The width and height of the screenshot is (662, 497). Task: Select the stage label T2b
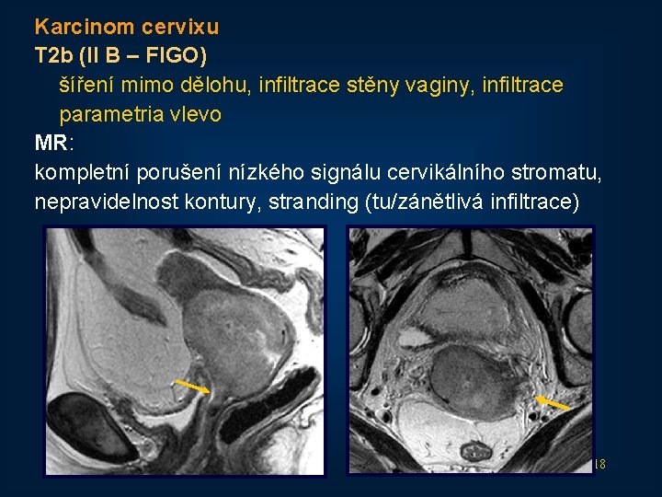[x=54, y=56]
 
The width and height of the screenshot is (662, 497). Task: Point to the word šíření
[x=88, y=86]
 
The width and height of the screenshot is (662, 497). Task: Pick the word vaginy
[x=452, y=86]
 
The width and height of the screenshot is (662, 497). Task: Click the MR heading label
[x=50, y=144]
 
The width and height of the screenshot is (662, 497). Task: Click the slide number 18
[x=599, y=464]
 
